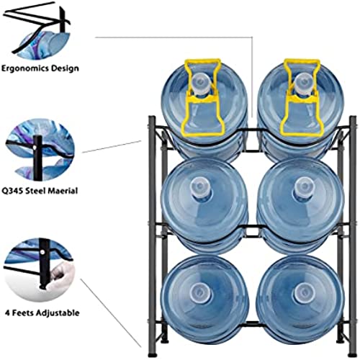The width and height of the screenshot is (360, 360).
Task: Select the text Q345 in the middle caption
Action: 12,191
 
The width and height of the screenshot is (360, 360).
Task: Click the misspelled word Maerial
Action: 63,191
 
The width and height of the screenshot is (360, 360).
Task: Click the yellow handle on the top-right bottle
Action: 300,96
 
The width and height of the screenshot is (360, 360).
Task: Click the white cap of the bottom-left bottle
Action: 200,292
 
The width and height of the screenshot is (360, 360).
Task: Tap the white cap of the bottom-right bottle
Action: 304,292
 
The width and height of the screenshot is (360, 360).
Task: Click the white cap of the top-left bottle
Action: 201,84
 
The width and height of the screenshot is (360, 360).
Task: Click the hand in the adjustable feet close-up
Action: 60,276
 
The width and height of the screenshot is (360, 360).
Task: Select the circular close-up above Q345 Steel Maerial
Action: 40,150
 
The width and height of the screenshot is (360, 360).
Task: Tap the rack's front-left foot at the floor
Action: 153,354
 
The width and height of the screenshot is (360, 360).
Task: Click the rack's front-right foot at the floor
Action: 352,354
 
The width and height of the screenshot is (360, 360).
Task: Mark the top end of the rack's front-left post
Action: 152,117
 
